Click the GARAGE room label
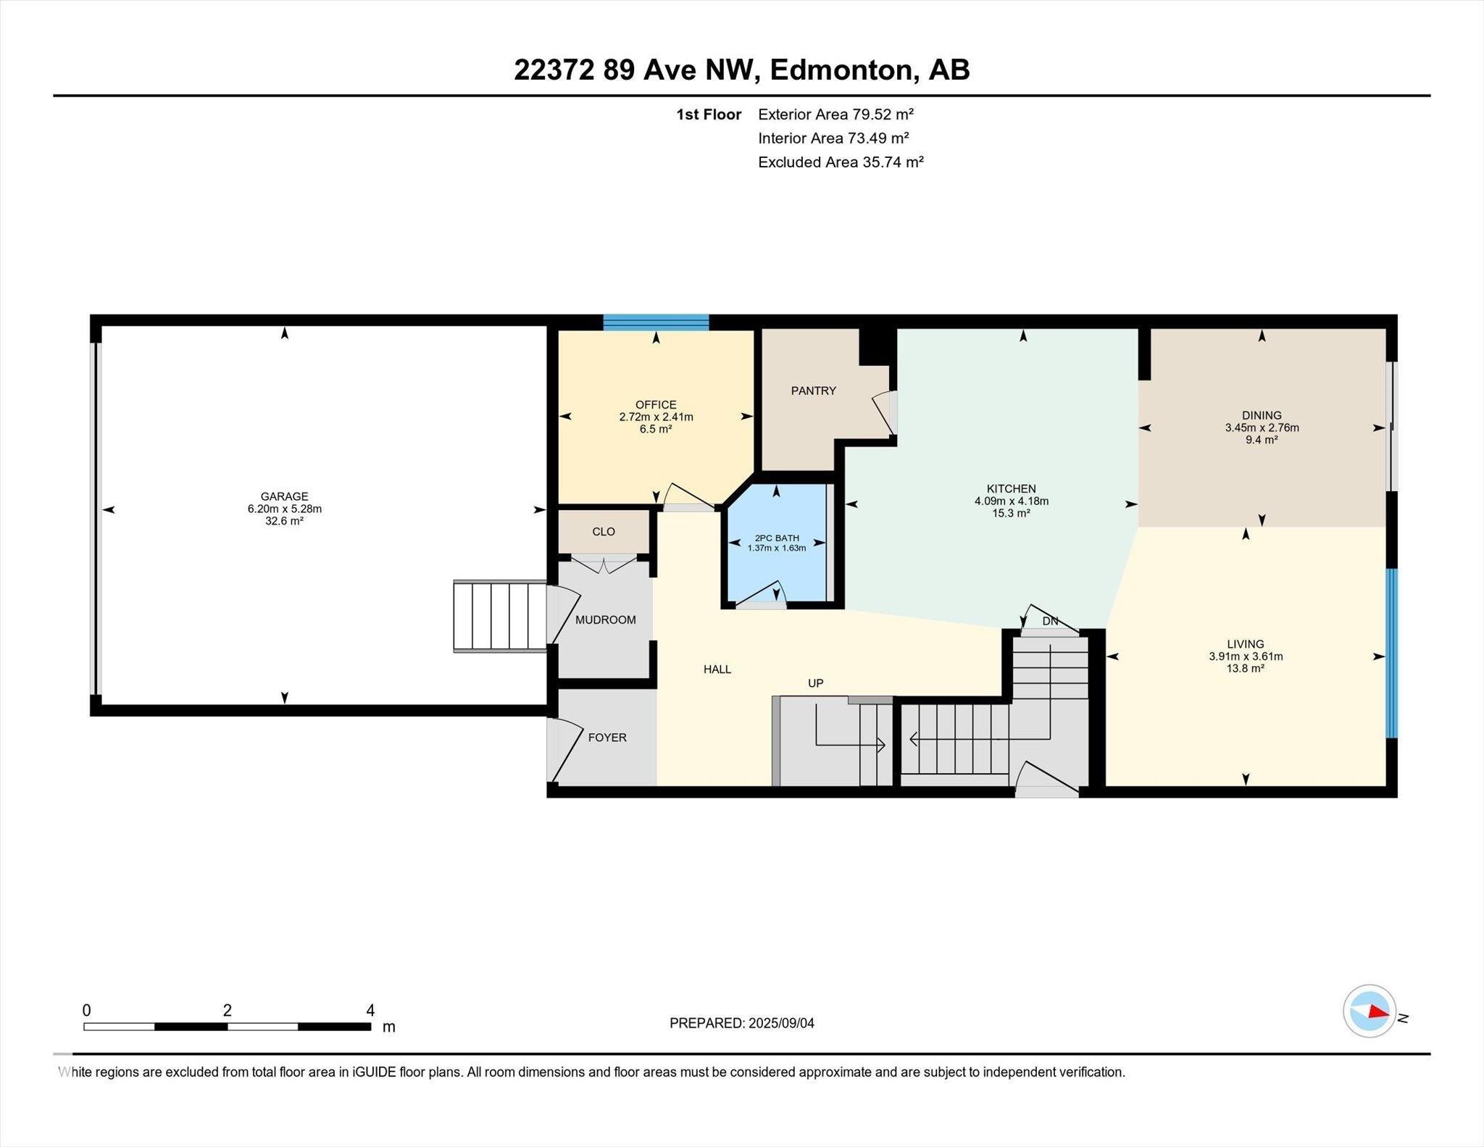(x=285, y=496)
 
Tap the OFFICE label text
(x=656, y=405)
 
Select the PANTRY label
(x=813, y=391)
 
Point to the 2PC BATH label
(x=777, y=538)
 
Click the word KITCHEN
(x=1011, y=488)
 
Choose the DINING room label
(x=1262, y=415)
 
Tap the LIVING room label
(x=1246, y=644)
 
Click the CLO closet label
(x=604, y=531)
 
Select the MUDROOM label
(x=606, y=620)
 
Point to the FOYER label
(x=607, y=737)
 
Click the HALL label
(x=717, y=670)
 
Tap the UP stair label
(x=816, y=683)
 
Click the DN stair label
(x=1050, y=621)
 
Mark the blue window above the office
(x=656, y=322)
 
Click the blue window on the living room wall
(x=1392, y=653)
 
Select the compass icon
(x=1370, y=1011)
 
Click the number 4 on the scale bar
(x=371, y=1010)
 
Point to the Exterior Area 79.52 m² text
(x=835, y=114)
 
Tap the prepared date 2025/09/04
(x=781, y=1023)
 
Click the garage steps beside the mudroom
(x=500, y=616)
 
